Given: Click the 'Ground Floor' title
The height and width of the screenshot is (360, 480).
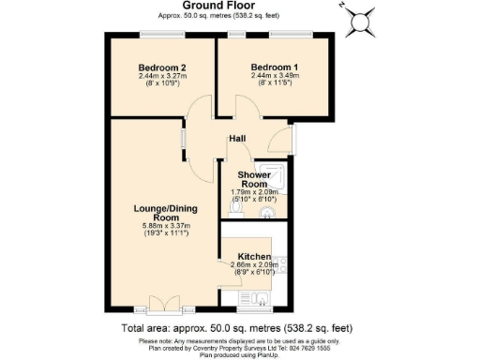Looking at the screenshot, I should click(239, 6).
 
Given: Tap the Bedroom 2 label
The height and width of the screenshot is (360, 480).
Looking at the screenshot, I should click(161, 67).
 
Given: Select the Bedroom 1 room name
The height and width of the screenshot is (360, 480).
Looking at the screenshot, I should click(273, 67).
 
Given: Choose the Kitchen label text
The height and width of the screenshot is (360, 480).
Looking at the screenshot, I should click(254, 257).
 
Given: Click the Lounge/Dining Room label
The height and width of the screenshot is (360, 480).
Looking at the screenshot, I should click(152, 212).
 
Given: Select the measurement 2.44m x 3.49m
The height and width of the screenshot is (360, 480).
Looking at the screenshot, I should click(273, 76).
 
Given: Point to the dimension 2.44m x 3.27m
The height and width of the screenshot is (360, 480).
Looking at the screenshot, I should click(161, 76).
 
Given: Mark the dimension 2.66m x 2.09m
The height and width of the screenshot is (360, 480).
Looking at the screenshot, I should click(255, 265).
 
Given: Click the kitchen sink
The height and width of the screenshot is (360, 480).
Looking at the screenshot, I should click(256, 301).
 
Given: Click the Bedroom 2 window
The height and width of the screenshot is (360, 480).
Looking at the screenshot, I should click(150, 35).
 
